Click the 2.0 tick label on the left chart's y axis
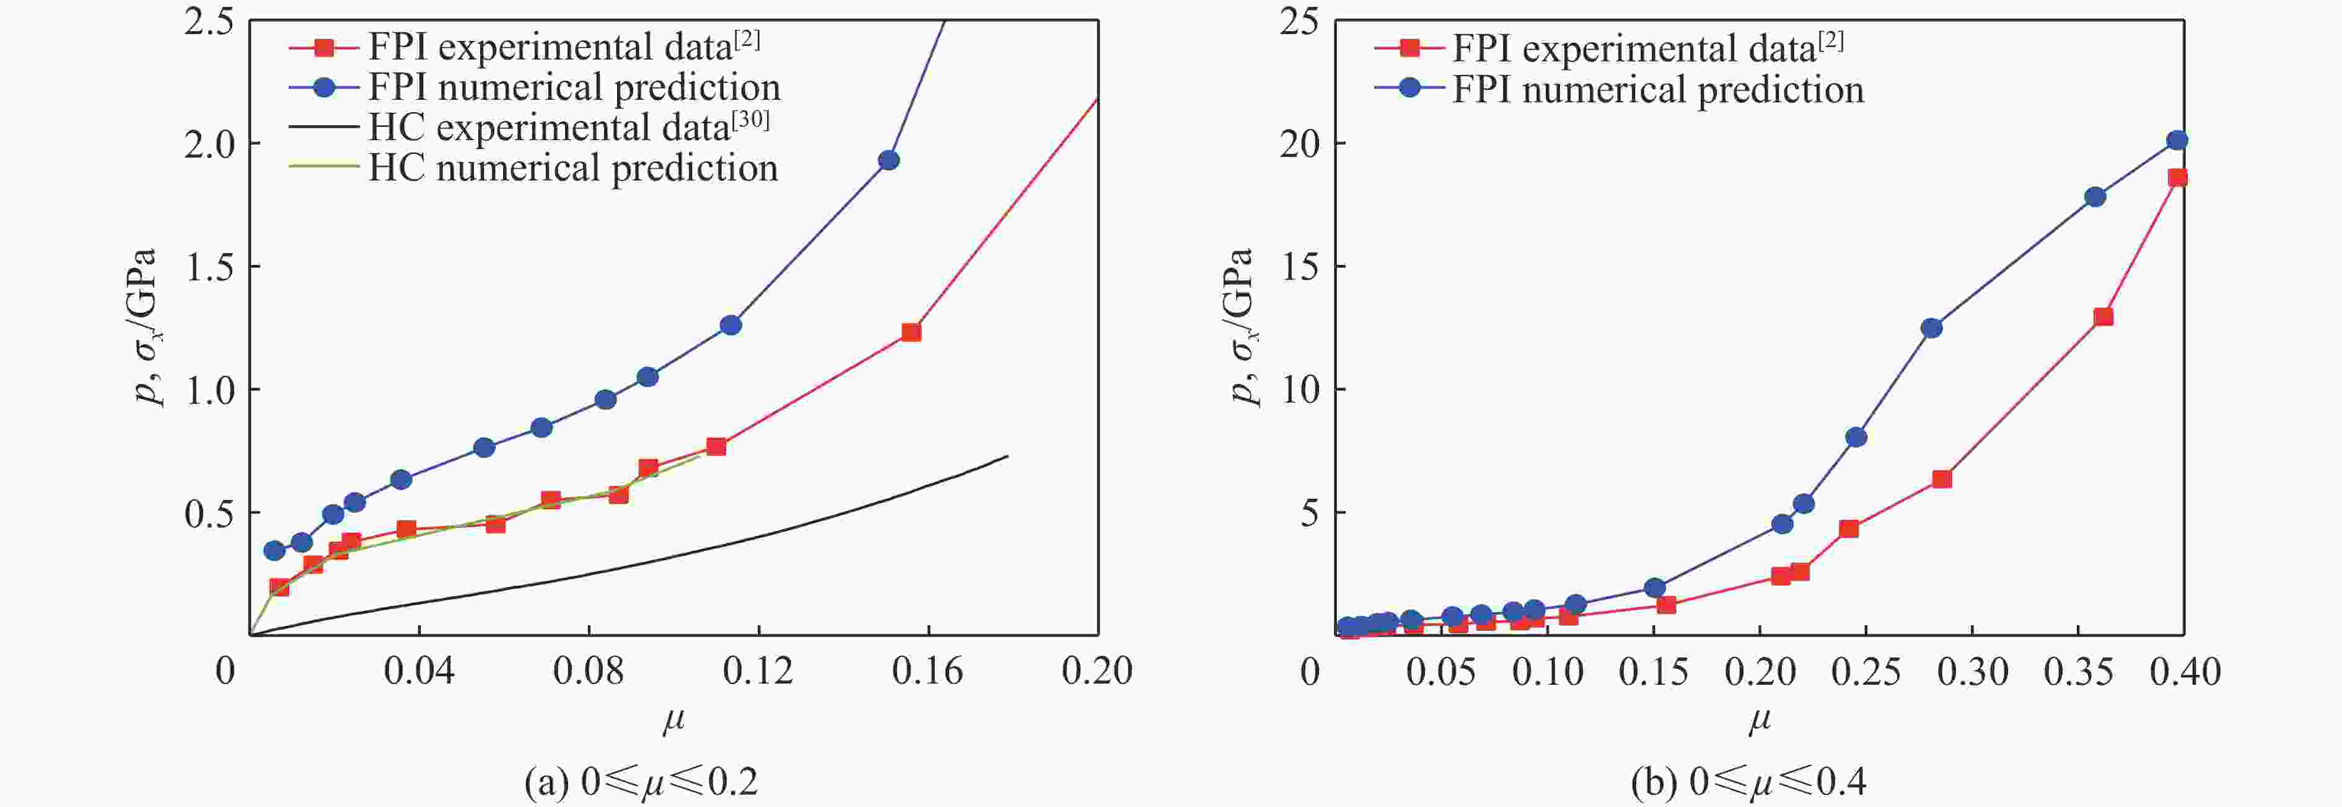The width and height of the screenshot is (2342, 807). tap(210, 144)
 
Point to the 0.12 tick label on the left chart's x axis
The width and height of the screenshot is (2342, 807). tap(757, 671)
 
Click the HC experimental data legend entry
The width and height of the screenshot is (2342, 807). tap(568, 127)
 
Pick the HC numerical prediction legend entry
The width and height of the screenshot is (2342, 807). tap(572, 168)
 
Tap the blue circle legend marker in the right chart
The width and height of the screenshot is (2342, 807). tap(1409, 88)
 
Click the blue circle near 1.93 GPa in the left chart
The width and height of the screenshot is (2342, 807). tap(888, 160)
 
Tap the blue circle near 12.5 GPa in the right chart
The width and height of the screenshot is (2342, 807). tap(1931, 328)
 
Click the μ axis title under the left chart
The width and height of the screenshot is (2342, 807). tap(673, 721)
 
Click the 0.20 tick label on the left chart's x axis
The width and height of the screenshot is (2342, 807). tap(1097, 671)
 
